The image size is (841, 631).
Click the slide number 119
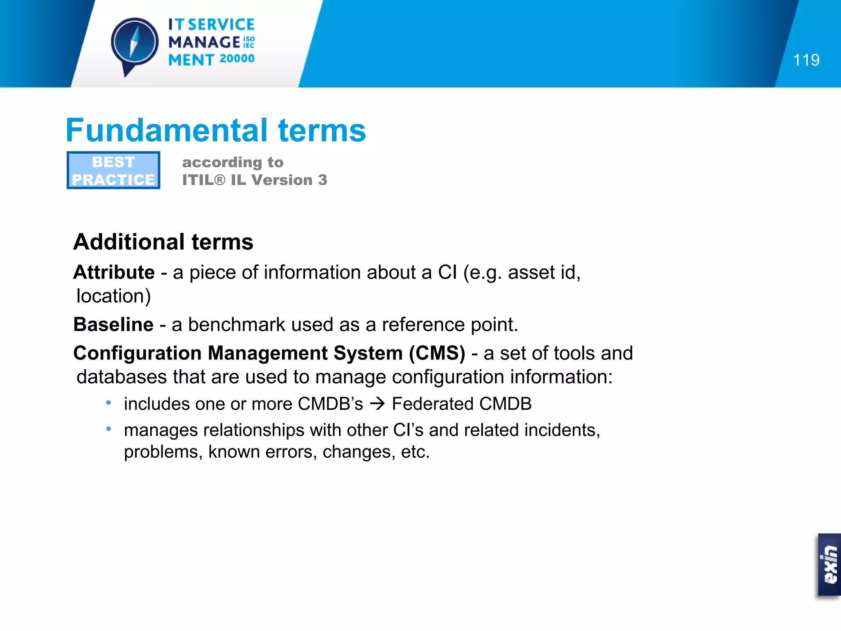click(806, 60)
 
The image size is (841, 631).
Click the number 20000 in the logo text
click(237, 59)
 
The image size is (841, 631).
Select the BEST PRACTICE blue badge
click(113, 170)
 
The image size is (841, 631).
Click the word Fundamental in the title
click(167, 131)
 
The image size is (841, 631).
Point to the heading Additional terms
click(163, 242)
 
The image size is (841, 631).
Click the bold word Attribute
click(114, 272)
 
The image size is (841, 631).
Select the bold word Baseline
click(113, 325)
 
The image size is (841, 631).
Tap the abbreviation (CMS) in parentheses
click(437, 353)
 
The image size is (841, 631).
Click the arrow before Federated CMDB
click(377, 404)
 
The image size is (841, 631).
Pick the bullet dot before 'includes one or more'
click(108, 403)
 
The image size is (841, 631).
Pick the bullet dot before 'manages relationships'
click(108, 429)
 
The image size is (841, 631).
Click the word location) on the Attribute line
click(114, 296)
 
